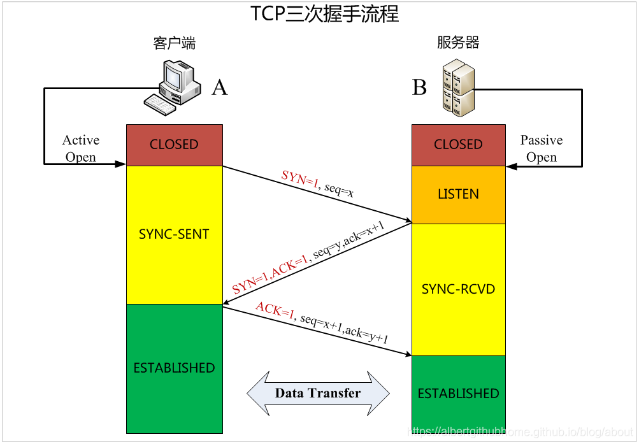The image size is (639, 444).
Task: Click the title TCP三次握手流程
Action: point(325,14)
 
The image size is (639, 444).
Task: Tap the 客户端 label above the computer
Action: point(174,43)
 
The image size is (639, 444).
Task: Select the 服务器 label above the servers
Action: point(458,43)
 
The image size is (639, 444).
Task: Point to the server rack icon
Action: point(458,87)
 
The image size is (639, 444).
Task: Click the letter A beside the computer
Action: point(219,88)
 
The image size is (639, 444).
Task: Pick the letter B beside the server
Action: point(419,88)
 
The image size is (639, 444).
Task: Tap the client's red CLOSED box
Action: point(174,145)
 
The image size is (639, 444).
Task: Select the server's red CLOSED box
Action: point(458,145)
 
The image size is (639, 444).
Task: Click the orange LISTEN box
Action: point(458,194)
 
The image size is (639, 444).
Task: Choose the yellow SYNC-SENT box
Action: point(174,234)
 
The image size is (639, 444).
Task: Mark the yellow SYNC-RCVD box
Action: point(458,289)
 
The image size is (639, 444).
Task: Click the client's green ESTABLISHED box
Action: point(174,368)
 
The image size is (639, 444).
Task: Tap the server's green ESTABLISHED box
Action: point(458,394)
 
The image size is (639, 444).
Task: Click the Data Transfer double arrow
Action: point(318,393)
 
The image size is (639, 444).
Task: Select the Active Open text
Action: point(81,148)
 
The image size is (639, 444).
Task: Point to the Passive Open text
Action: point(542,148)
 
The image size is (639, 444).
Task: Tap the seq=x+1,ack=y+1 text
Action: point(344,327)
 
